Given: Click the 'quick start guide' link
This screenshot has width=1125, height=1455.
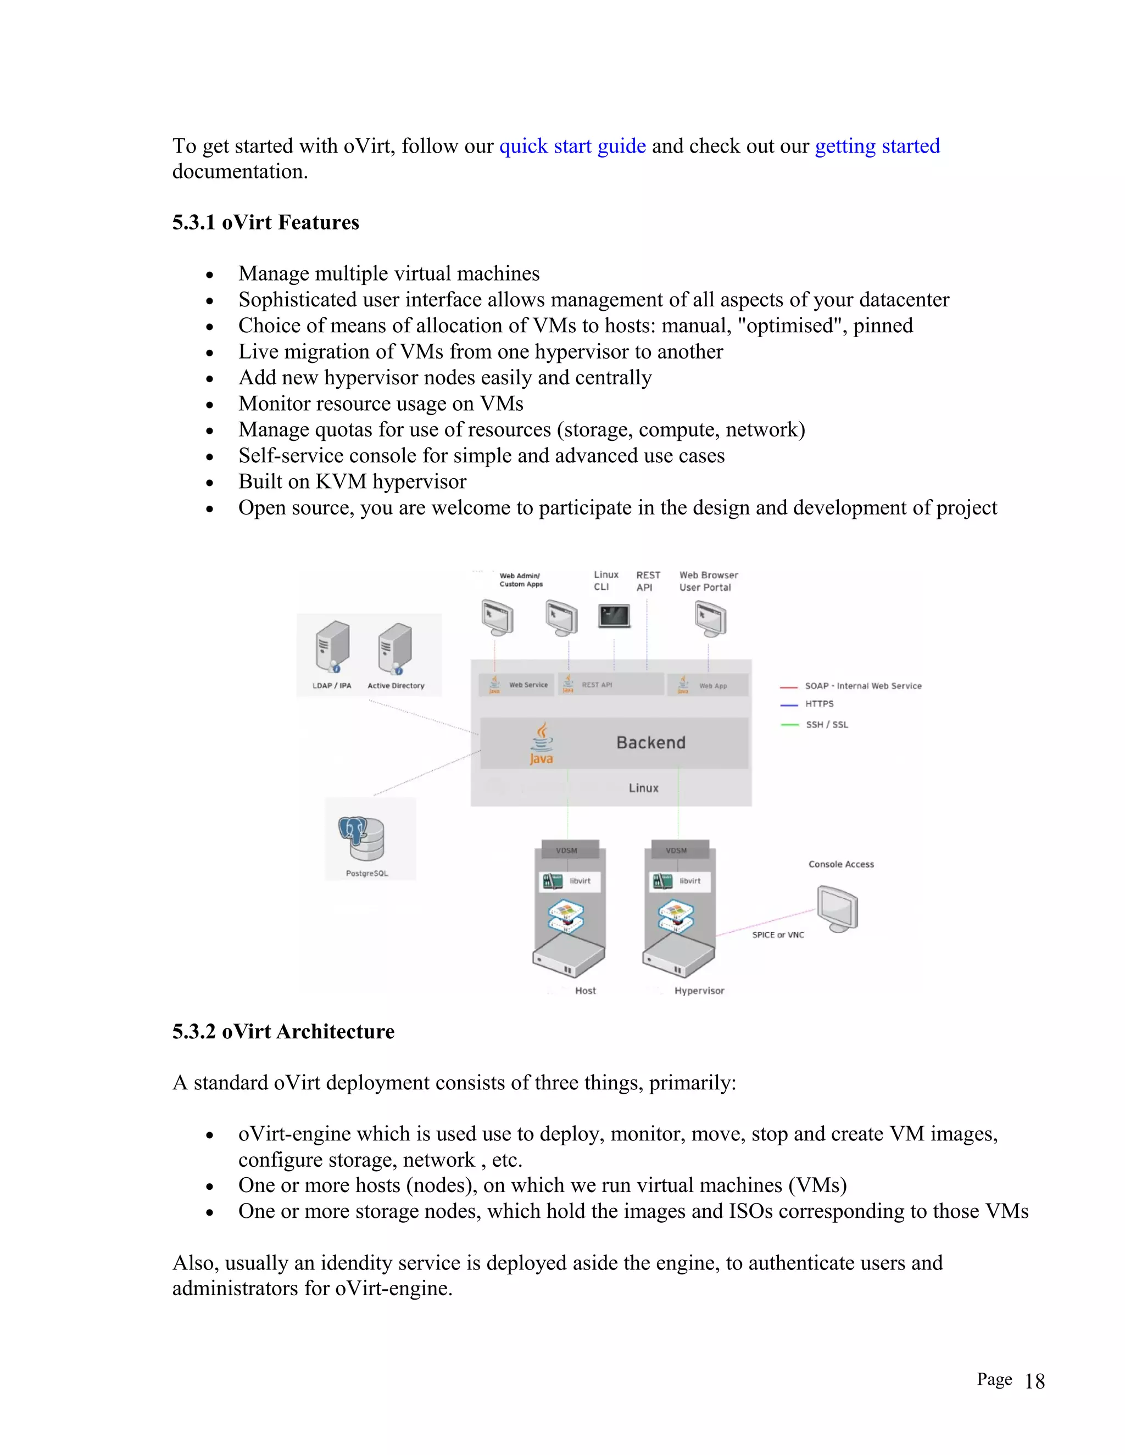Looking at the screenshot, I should coord(572,146).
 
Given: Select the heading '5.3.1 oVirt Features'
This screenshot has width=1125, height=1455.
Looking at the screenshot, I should coord(265,222).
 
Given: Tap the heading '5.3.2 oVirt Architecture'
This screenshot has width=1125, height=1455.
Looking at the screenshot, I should coord(283,1031).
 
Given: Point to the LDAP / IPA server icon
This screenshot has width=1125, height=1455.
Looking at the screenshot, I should coord(332,647).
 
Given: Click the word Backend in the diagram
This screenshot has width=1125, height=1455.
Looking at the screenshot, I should coord(650,742).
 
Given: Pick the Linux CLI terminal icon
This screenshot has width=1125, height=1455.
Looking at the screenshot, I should coord(614,615).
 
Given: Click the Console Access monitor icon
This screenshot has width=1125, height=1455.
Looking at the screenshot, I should coord(838,908).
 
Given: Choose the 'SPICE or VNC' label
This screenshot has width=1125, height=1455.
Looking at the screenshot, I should coord(778,934).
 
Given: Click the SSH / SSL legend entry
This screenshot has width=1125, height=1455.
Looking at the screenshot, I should coord(826,724).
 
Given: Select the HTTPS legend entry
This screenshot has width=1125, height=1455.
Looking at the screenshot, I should coord(819,703).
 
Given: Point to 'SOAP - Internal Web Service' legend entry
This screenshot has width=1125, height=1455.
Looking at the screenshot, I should coord(862,686).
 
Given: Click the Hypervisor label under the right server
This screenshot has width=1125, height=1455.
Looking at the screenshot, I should coord(699,990).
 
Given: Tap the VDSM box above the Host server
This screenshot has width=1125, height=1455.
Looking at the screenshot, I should coord(566,850).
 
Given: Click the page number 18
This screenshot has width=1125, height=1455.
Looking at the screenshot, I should coord(1034,1381).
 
